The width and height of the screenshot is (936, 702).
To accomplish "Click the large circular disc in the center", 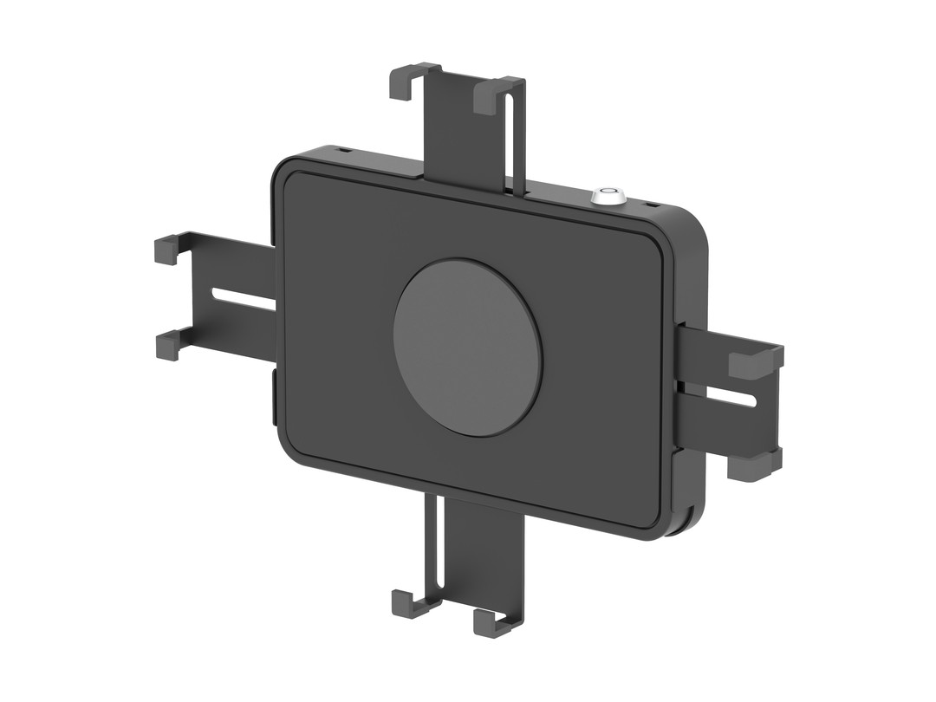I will [x=467, y=347].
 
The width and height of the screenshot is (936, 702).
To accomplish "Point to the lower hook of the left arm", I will [x=168, y=346].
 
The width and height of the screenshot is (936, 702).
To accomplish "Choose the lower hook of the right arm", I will [x=752, y=465].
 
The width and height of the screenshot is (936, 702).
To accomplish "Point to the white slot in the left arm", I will [x=244, y=299].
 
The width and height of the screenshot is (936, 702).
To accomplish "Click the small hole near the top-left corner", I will [x=345, y=152].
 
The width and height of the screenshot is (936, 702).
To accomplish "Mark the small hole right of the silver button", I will [x=650, y=204].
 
